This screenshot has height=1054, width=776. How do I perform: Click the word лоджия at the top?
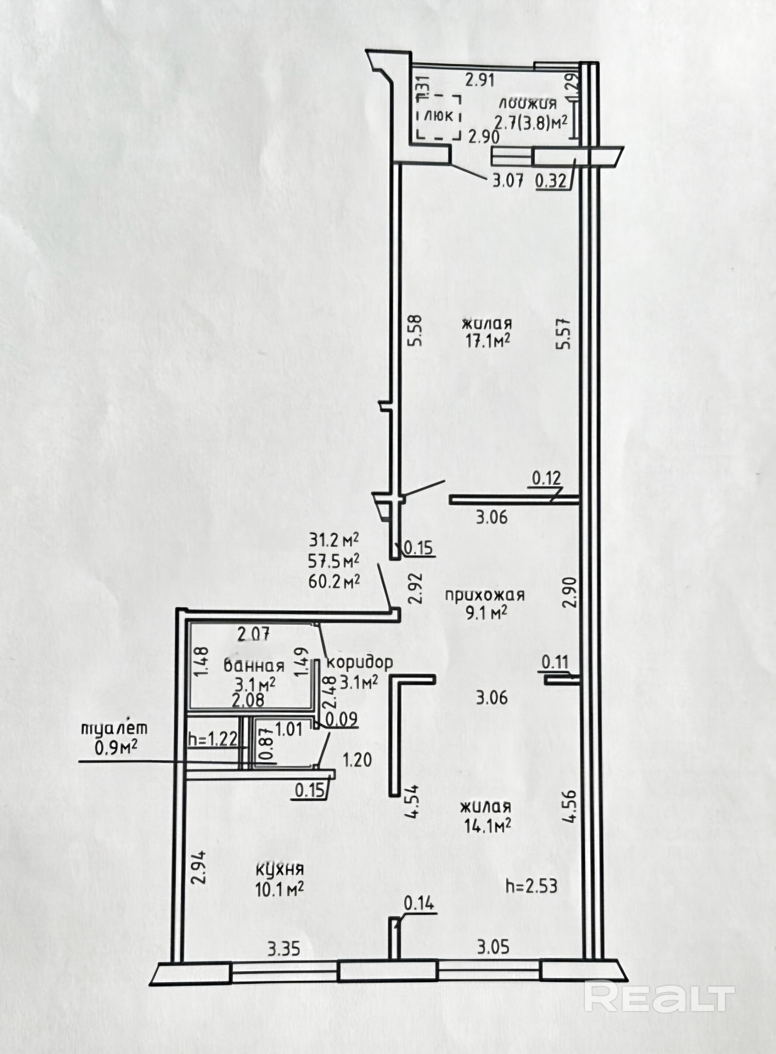(x=528, y=103)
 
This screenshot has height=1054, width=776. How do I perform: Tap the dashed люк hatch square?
(x=438, y=117)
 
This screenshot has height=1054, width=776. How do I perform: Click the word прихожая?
(x=485, y=595)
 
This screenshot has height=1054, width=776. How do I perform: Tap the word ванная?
(x=254, y=666)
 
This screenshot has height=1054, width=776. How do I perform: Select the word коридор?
(x=359, y=663)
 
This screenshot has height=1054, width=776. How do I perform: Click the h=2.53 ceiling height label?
(x=531, y=886)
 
